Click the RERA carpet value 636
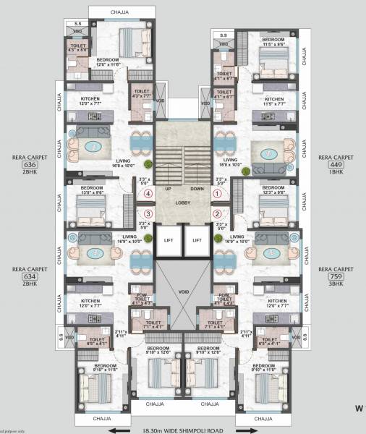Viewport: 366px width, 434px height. [30, 163]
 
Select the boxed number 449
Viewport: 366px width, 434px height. [335, 163]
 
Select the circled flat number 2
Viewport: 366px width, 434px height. [216, 213]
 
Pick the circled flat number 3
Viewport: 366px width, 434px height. [148, 213]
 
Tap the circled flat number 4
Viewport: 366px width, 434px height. [148, 194]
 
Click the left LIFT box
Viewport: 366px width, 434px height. [168, 239]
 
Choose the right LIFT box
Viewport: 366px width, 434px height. [197, 239]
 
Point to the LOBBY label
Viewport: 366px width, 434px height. [182, 203]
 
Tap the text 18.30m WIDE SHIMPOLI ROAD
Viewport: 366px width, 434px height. [183, 428]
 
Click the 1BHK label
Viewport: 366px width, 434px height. [335, 172]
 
